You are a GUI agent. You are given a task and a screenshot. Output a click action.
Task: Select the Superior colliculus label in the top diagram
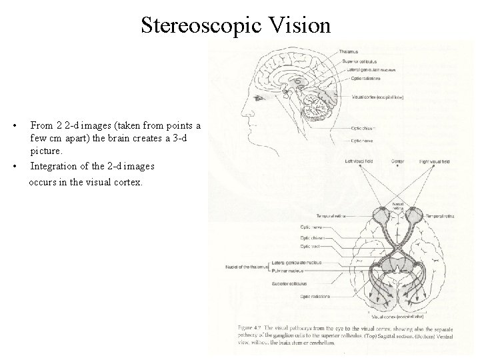(x=363, y=62)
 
